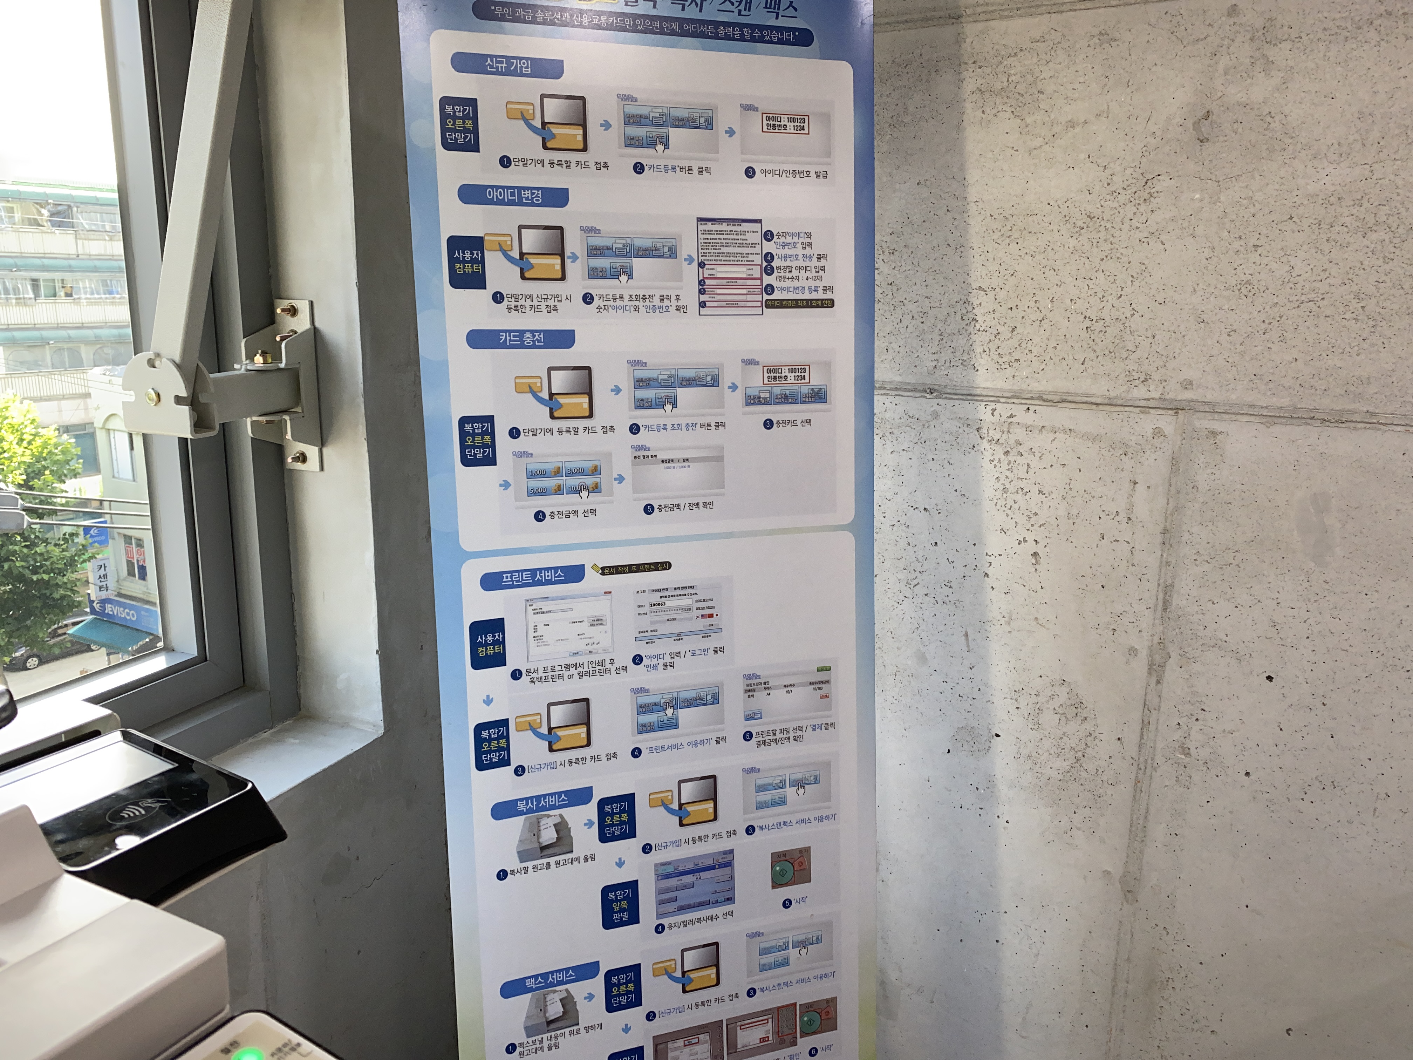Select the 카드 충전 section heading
(x=521, y=339)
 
